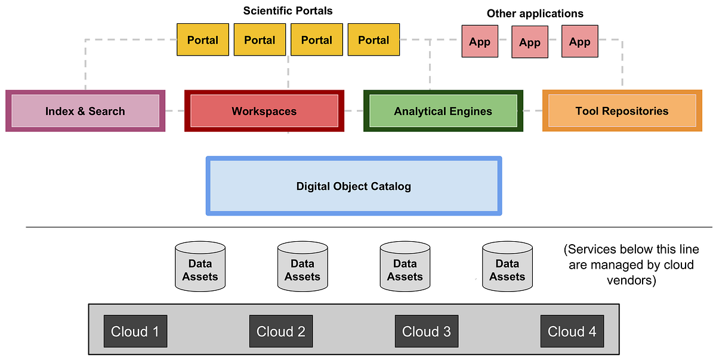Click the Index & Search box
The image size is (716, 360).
[85, 111]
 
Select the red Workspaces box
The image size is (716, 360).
[264, 111]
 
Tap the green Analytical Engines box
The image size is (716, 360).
[443, 111]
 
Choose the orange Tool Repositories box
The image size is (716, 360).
[622, 111]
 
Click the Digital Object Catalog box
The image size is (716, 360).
[354, 186]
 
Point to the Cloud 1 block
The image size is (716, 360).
[135, 331]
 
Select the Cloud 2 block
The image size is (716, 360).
[280, 331]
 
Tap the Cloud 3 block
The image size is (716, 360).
[426, 331]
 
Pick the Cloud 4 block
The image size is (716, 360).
[572, 331]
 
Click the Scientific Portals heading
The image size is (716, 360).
[288, 11]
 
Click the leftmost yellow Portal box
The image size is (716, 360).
[203, 40]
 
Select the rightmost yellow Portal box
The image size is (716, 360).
[374, 40]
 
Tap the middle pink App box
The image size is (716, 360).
[530, 42]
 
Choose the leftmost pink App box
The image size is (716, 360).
[480, 42]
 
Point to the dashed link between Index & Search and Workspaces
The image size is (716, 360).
[174, 111]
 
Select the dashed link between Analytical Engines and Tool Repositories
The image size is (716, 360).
[532, 111]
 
